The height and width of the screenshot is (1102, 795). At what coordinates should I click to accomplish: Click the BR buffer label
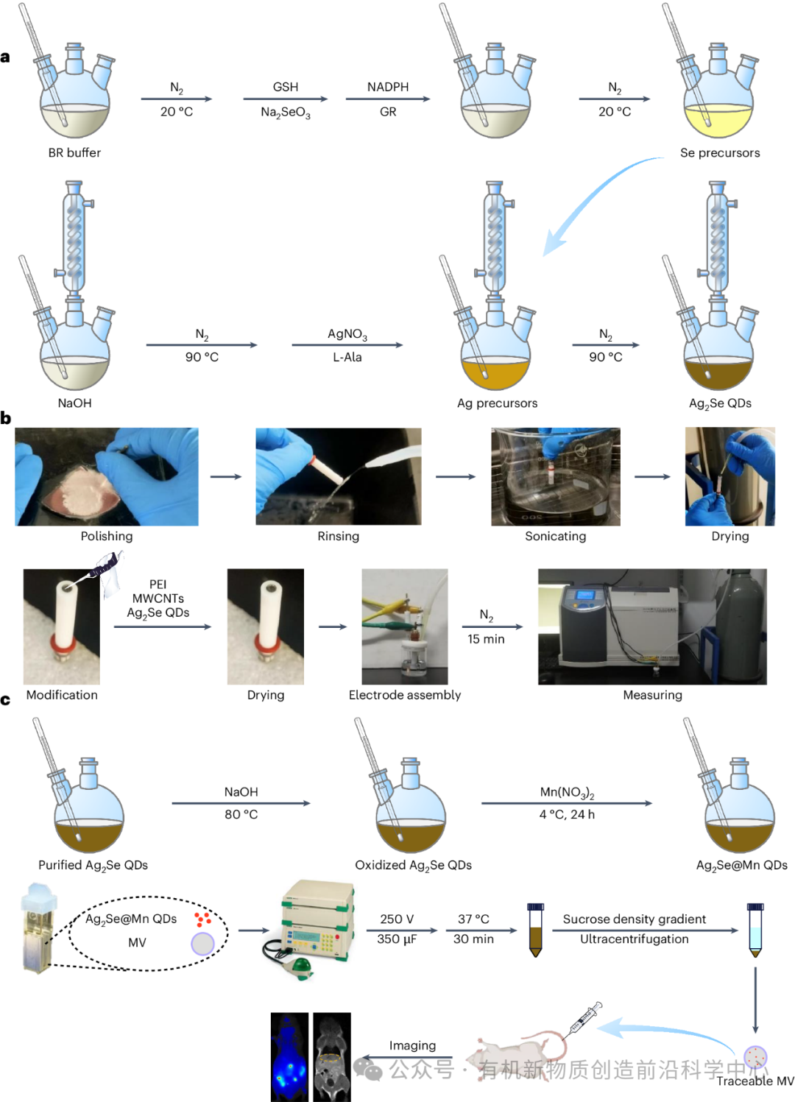[x=74, y=153]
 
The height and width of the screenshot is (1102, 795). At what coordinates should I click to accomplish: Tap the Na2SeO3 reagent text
[x=286, y=113]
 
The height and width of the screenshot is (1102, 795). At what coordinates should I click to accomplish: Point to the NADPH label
[x=388, y=87]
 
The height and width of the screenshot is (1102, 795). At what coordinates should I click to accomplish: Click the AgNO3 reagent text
[x=347, y=334]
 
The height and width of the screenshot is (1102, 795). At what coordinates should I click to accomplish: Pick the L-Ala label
[x=347, y=357]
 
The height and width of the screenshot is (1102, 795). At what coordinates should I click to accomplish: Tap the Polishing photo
[x=107, y=477]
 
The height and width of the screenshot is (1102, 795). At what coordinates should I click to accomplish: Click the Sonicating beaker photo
[x=556, y=477]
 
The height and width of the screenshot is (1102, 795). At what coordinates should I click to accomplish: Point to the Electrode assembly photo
[x=404, y=626]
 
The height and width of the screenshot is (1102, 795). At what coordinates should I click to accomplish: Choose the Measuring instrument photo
[x=652, y=626]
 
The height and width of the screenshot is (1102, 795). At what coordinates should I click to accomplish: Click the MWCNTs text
[x=158, y=598]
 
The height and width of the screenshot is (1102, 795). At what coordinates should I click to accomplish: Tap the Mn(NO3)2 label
[x=567, y=792]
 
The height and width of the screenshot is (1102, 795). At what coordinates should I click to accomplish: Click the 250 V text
[x=397, y=919]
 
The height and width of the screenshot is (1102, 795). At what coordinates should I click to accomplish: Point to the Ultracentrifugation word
[x=635, y=939]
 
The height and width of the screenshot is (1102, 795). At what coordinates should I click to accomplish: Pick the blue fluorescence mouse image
[x=290, y=1057]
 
